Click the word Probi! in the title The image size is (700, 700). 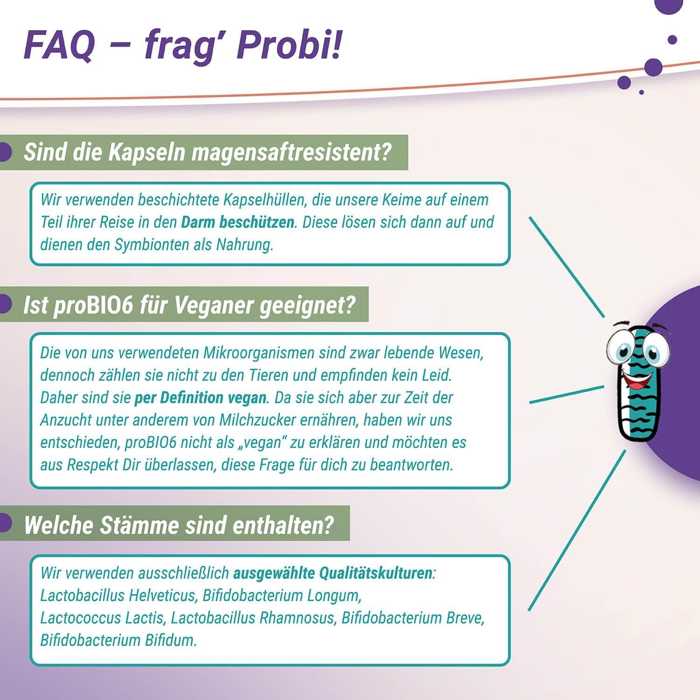[x=290, y=45]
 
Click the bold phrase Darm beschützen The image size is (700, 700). [x=238, y=222]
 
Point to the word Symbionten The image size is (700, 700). [x=152, y=245]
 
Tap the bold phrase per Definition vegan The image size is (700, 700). [x=200, y=398]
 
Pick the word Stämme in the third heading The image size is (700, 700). [x=140, y=525]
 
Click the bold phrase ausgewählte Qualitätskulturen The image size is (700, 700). [x=332, y=573]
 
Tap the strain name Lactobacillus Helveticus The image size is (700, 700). [x=118, y=595]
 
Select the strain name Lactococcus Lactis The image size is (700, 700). [x=102, y=618]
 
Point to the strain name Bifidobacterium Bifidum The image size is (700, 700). [x=118, y=640]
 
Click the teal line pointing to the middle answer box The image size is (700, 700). [x=567, y=394]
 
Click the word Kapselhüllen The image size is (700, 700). [x=265, y=200]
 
